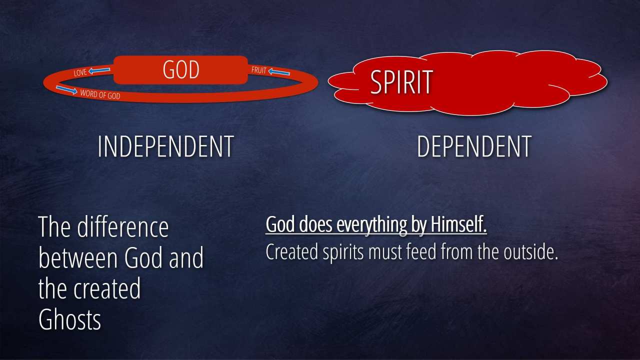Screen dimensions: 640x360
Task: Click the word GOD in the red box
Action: (181, 69)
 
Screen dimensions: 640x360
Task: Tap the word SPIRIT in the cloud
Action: (401, 82)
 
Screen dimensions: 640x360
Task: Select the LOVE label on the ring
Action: (80, 72)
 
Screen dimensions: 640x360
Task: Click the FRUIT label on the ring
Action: (259, 70)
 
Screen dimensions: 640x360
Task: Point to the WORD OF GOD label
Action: (100, 94)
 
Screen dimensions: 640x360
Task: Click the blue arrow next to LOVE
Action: (99, 70)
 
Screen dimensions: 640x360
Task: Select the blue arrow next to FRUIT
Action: (279, 72)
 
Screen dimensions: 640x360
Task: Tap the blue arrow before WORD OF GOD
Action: (66, 89)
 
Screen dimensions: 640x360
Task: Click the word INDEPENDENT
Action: (165, 146)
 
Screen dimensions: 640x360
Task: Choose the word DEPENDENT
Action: (474, 146)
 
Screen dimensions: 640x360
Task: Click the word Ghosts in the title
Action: (69, 319)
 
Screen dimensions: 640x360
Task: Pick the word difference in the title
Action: (123, 227)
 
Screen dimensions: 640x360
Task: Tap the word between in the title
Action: (77, 258)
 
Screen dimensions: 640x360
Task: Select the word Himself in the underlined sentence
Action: (458, 224)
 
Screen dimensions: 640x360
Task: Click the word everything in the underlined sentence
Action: (371, 225)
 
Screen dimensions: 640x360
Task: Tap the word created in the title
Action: (107, 288)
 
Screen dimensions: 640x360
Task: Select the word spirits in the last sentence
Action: (343, 253)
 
